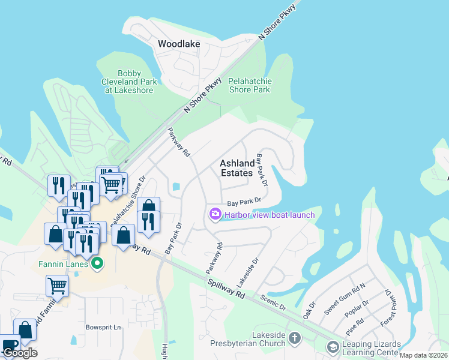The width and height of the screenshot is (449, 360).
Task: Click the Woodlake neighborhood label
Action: click(x=178, y=44)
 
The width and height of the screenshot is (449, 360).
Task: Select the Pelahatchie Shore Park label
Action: click(x=250, y=85)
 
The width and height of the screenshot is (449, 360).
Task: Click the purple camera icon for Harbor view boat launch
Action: click(x=214, y=214)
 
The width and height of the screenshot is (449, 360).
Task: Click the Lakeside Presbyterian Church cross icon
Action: click(x=294, y=338)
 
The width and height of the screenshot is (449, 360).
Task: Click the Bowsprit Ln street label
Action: click(x=103, y=328)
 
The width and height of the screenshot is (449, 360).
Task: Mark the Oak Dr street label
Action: click(x=309, y=310)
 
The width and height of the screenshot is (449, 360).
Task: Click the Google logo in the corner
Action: click(x=20, y=353)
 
